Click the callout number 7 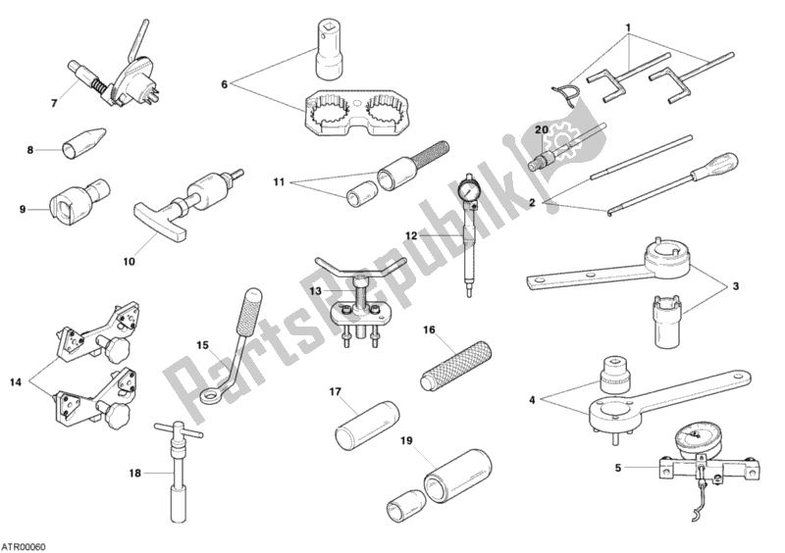54,104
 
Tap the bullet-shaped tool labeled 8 84,143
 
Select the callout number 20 542,129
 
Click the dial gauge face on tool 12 470,189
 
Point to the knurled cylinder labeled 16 455,366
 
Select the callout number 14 16,382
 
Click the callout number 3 735,286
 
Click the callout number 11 279,181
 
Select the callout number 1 629,27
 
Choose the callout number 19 406,441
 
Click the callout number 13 315,290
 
